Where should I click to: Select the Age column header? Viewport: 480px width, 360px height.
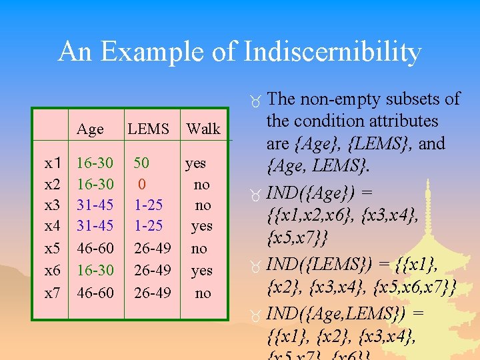pos(90,129)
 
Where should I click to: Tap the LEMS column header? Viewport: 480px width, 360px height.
pos(148,129)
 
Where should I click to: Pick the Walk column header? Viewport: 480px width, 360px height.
pos(203,129)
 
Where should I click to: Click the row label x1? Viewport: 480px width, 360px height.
pos(53,163)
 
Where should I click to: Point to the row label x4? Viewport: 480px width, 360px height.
pos(53,226)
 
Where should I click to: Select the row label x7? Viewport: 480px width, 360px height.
pos(53,293)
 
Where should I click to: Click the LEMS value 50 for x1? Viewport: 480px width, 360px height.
pos(141,163)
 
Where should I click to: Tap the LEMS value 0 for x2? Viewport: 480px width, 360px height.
pos(142,184)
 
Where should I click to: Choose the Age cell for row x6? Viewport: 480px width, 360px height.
pos(95,271)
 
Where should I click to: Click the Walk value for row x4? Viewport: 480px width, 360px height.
pos(201,226)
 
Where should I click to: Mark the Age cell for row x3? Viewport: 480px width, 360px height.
pos(95,205)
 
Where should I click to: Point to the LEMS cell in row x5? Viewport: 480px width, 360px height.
pos(152,249)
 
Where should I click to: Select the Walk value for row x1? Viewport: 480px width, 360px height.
pos(195,163)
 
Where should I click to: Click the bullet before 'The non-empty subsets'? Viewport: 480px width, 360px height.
pos(256,101)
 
